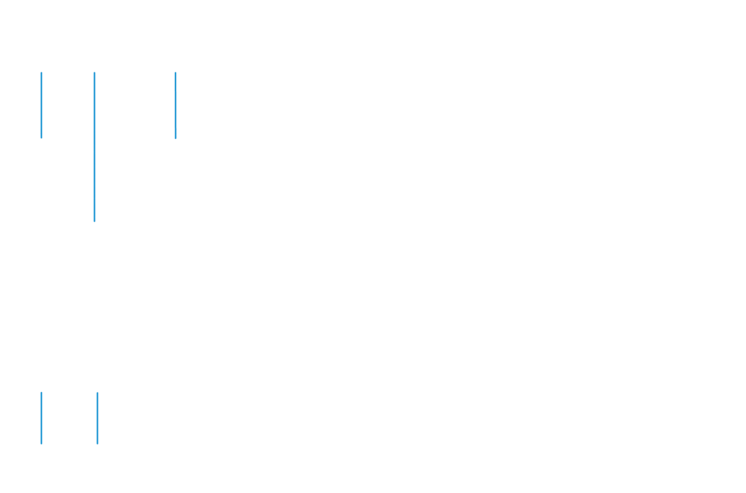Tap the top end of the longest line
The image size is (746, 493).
click(94, 73)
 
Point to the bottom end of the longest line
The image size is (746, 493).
click(94, 220)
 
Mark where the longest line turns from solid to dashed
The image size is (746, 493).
click(94, 129)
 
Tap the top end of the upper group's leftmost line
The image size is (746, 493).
click(42, 73)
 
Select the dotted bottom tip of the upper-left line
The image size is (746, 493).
click(42, 134)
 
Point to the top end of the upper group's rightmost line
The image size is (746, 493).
click(176, 73)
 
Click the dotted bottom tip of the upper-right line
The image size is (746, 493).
click(176, 134)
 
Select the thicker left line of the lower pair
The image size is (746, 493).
click(42, 418)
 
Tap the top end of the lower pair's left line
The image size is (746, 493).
click(42, 393)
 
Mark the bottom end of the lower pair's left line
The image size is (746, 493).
click(42, 443)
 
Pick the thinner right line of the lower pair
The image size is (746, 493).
click(98, 418)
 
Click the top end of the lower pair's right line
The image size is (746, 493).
click(98, 393)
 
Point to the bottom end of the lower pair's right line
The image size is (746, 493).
click(98, 443)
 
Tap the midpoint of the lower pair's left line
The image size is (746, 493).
click(42, 418)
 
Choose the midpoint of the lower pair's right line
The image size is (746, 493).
click(98, 418)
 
